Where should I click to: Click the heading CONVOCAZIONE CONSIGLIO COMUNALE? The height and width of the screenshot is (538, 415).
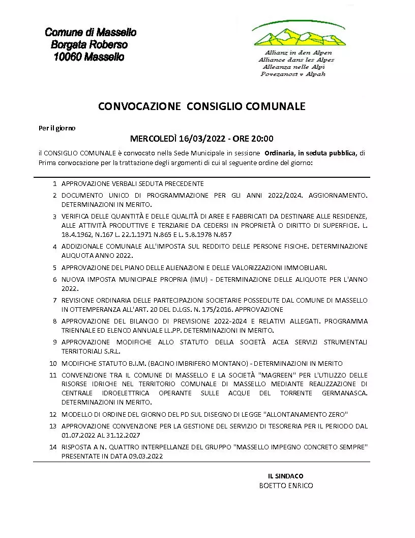[x=201, y=106]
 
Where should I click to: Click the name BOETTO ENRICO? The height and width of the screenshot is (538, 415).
[x=286, y=486]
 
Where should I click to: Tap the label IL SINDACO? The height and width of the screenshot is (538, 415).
[x=286, y=476]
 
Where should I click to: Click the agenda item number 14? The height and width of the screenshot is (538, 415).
[x=53, y=447]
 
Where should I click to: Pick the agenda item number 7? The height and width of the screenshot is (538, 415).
[x=54, y=300]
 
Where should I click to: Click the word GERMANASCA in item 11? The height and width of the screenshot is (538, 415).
[x=344, y=393]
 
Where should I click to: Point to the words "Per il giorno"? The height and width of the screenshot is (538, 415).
[x=57, y=128]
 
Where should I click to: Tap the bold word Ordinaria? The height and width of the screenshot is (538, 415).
[x=280, y=153]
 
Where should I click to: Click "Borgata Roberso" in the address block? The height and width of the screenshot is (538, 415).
[x=89, y=45]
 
